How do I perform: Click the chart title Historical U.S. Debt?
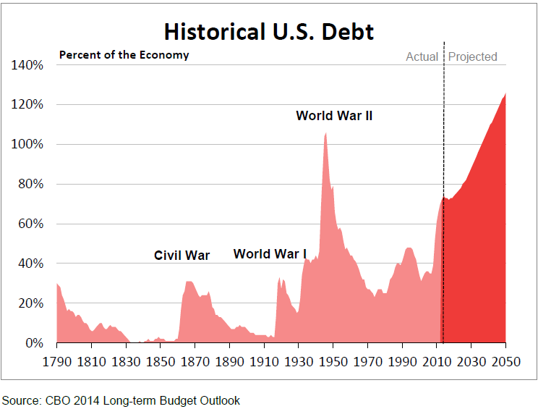(268, 32)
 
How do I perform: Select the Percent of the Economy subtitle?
(124, 55)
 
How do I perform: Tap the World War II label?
(334, 115)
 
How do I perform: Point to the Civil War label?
(182, 255)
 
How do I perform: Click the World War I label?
(270, 253)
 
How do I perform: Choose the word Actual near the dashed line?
(422, 56)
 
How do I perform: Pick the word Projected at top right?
(473, 56)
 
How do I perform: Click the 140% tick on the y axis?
(28, 65)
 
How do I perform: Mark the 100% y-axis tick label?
(28, 145)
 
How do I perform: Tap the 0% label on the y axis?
(34, 343)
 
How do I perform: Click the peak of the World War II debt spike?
(326, 133)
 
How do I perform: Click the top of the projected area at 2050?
(505, 93)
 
